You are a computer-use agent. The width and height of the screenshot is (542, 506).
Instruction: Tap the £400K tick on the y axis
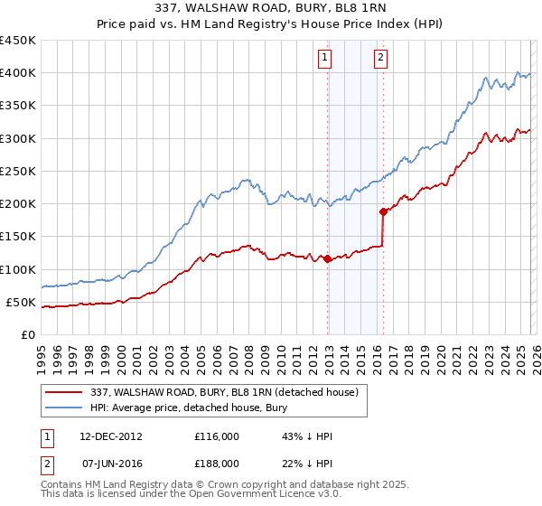coord(17,73)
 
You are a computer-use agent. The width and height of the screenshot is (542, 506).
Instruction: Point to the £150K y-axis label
coord(17,237)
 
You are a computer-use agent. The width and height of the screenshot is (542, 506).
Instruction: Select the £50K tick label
coord(21,302)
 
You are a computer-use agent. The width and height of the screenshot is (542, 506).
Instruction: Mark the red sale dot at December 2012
coord(327,259)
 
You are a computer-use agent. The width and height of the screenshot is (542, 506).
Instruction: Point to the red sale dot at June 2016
coord(383,211)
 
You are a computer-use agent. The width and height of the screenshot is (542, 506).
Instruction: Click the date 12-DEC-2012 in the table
coord(111,436)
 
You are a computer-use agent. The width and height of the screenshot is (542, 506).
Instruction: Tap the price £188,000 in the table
coord(217,464)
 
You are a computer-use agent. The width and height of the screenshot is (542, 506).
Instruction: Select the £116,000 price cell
coord(217,436)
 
